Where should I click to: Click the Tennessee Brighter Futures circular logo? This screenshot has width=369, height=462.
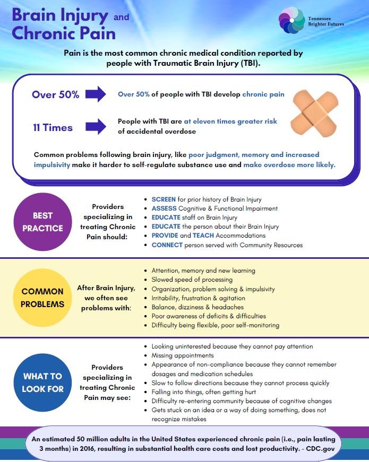pos(291,20)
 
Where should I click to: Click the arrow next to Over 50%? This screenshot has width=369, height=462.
pos(96,94)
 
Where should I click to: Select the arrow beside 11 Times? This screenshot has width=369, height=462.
pos(96,127)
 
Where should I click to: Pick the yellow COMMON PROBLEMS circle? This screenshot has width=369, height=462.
pos(42,298)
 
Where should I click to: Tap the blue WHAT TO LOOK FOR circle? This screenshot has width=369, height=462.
pos(42,382)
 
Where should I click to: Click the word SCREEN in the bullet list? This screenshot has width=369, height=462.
pos(164,199)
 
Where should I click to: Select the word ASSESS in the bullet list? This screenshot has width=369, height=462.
pos(164,208)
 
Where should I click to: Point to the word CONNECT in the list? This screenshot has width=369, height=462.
pos(167,245)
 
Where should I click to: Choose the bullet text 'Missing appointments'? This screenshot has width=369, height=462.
pos(183,355)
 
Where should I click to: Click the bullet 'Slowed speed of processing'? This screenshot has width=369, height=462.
pos(192,280)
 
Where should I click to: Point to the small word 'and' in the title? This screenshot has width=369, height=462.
pos(121,17)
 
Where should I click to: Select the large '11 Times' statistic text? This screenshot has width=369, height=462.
pos(53,127)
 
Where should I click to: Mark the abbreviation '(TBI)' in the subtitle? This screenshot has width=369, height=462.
pos(247,63)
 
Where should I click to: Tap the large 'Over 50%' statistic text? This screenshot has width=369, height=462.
pos(55,95)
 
